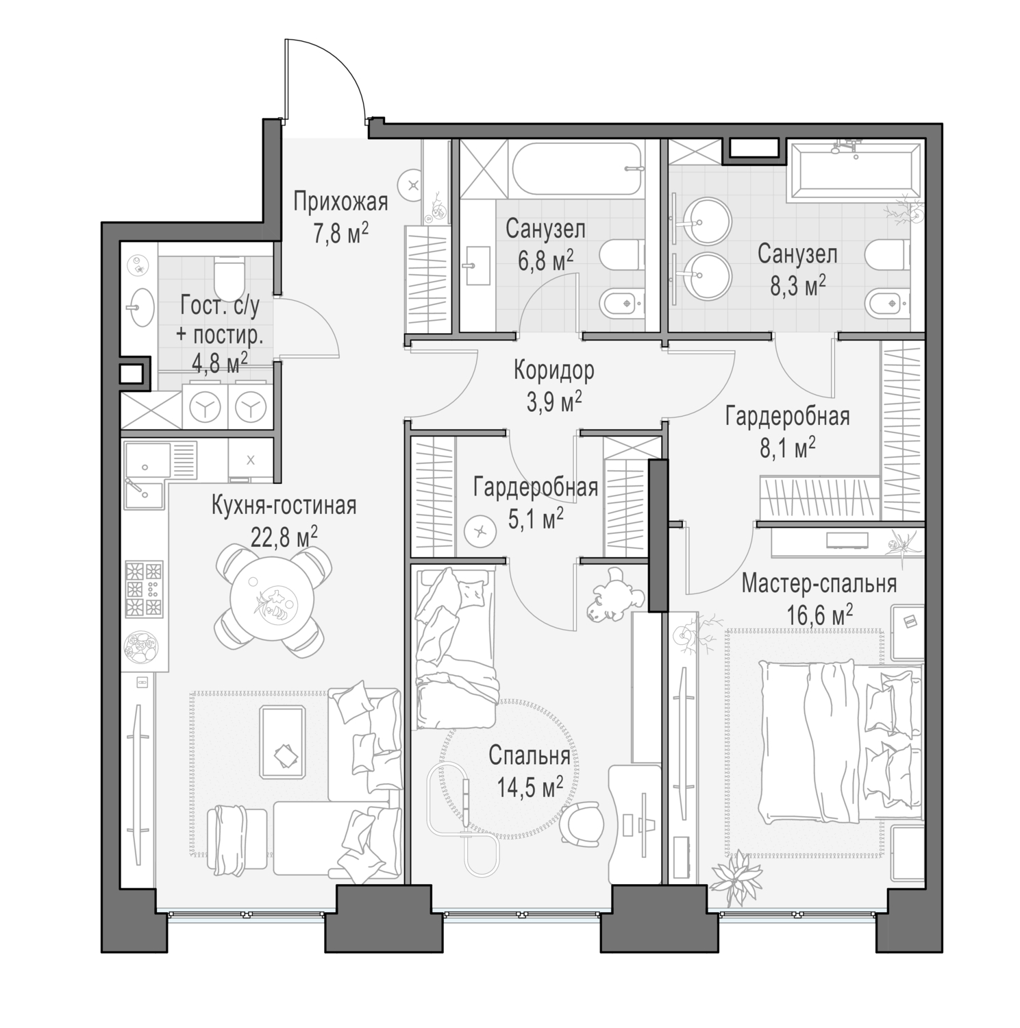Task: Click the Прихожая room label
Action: click(340, 202)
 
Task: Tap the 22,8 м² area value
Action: click(284, 537)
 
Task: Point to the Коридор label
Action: click(554, 371)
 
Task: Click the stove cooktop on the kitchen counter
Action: click(144, 588)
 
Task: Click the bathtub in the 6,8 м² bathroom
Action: click(577, 168)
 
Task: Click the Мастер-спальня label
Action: click(819, 584)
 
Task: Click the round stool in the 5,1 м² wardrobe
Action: click(479, 530)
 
